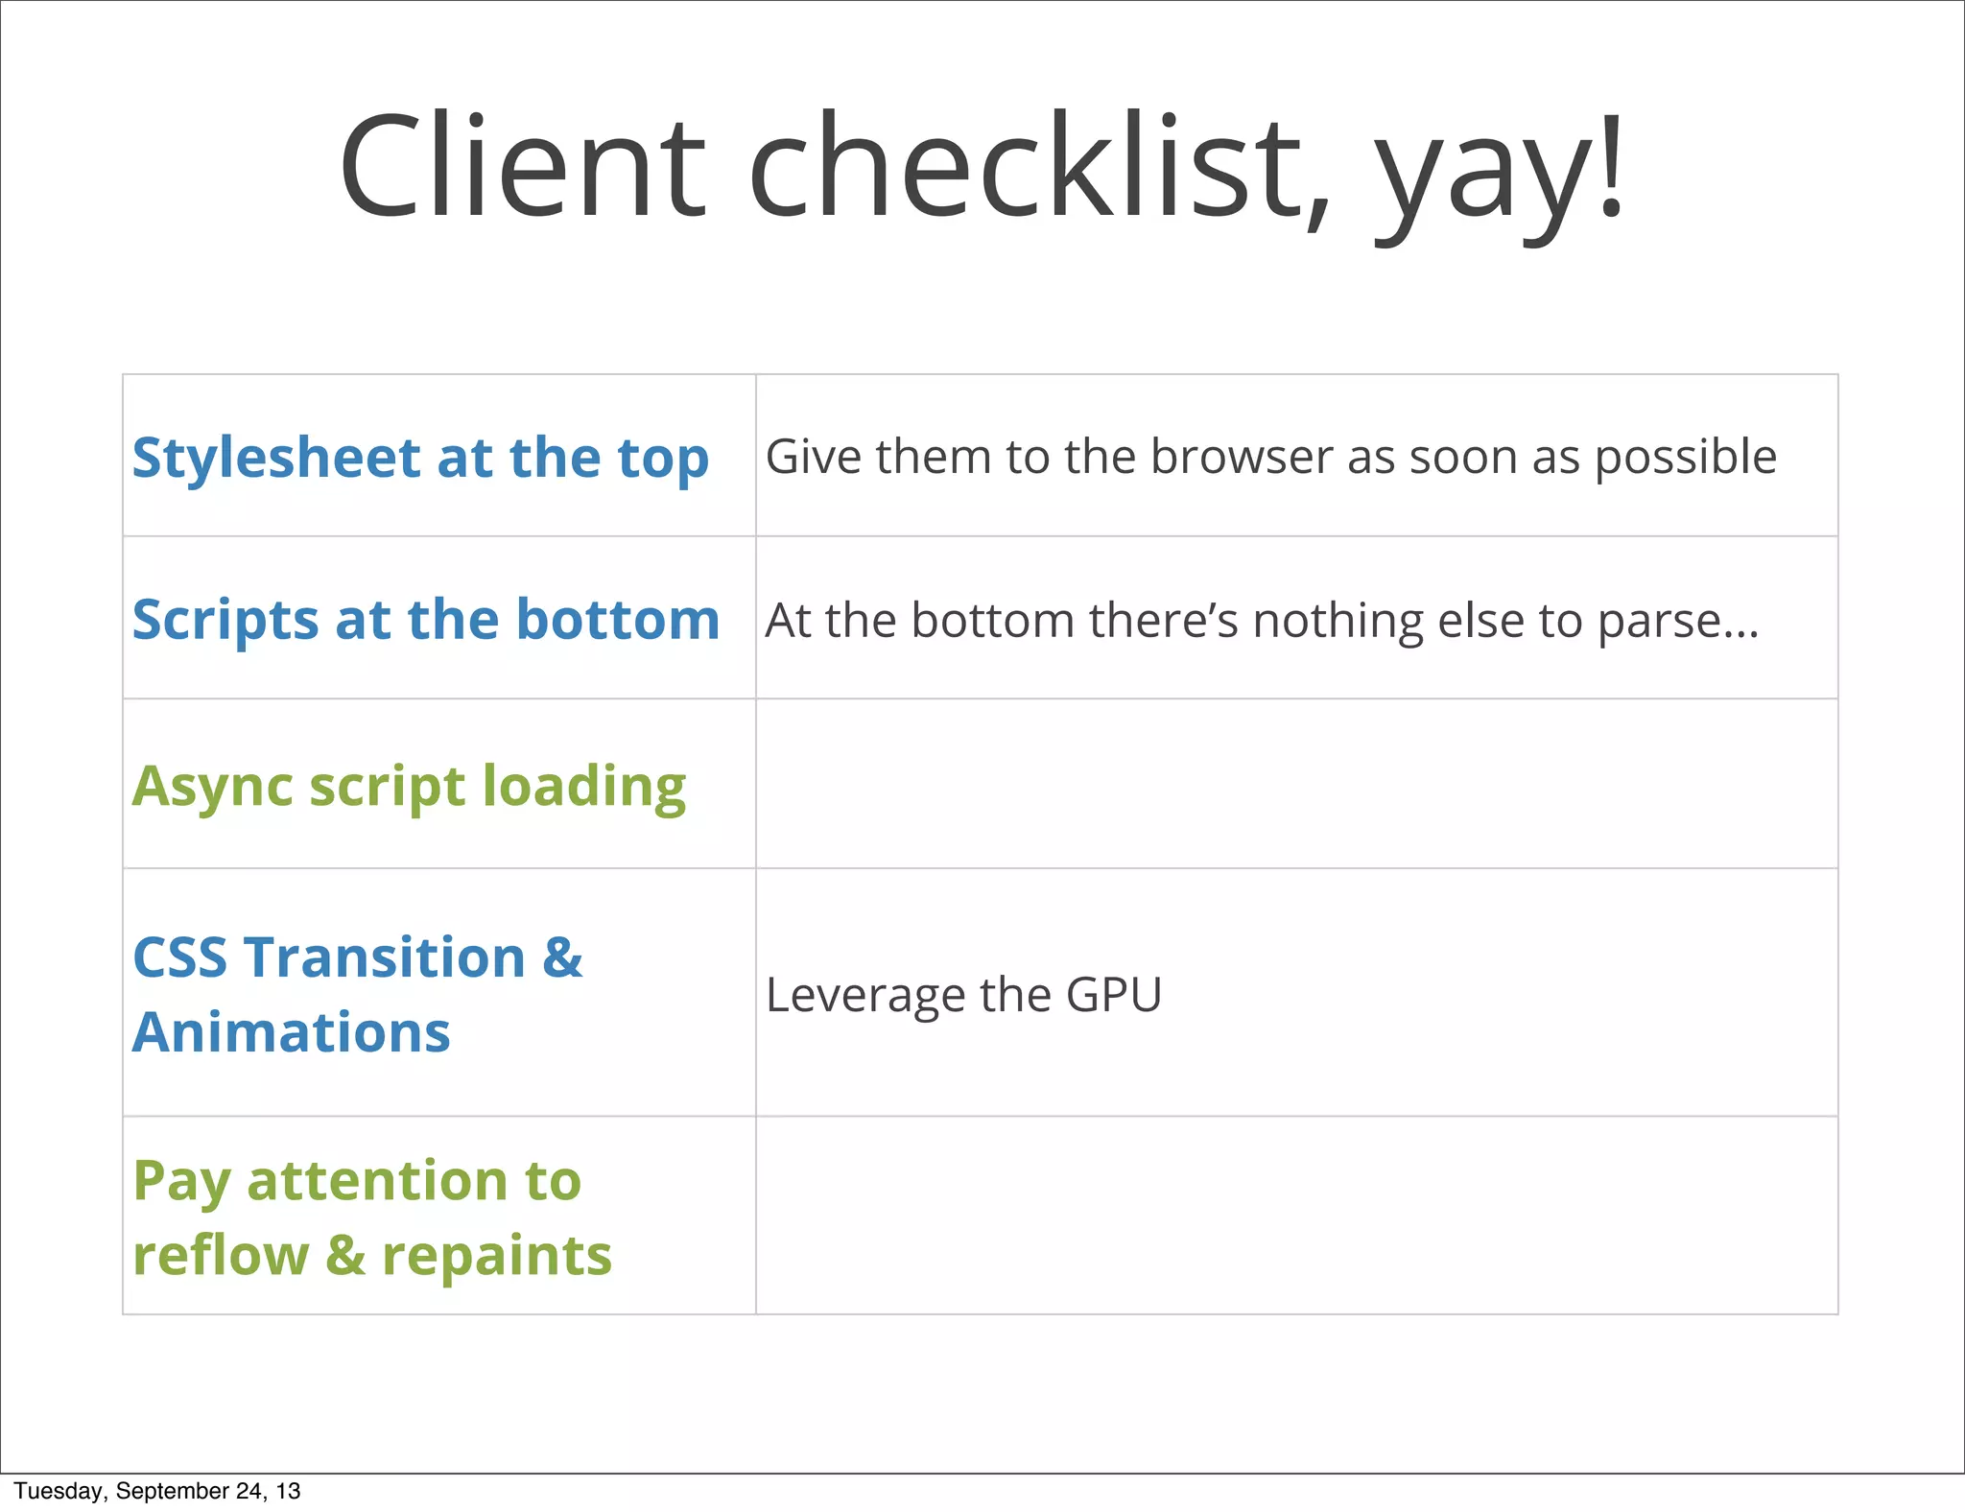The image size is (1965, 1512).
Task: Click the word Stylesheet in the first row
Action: [275, 459]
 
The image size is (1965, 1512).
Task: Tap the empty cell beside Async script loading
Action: [1295, 784]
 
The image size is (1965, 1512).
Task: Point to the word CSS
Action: [179, 957]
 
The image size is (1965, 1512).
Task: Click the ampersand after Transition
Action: [562, 957]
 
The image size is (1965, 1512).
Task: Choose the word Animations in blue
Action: [291, 1032]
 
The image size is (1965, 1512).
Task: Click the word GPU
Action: [1113, 995]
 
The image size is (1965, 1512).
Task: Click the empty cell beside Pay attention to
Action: [1295, 1216]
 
